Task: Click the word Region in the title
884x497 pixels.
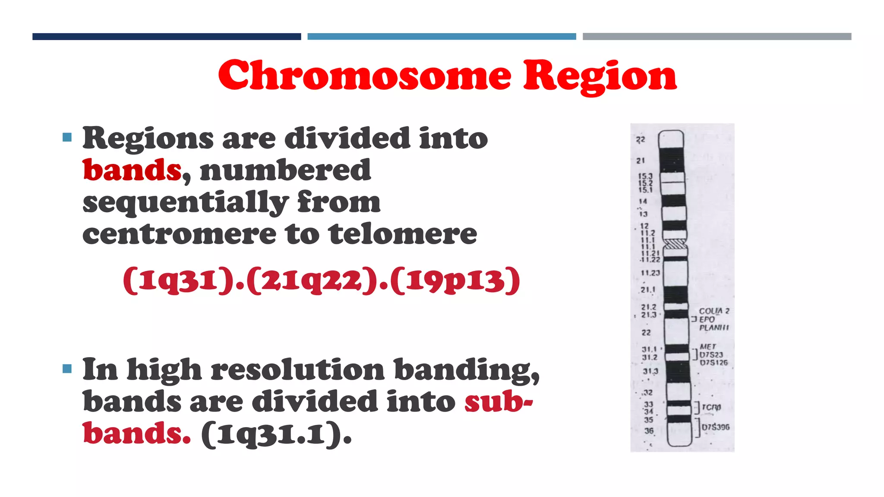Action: pos(600,76)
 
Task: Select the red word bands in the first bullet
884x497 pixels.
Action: pos(132,170)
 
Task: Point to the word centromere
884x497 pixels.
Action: pos(179,234)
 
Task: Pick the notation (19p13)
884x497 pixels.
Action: pos(455,281)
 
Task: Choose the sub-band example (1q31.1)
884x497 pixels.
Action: pos(277,434)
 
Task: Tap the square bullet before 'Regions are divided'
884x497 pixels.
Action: pos(67,138)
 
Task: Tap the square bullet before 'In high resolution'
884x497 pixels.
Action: pos(67,369)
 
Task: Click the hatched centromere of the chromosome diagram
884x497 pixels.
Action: pos(675,245)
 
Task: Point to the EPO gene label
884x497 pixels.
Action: pos(707,319)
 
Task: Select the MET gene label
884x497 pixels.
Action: pos(708,346)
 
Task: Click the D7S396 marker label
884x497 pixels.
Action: pos(715,427)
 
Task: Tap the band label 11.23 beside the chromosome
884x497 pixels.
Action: pos(650,273)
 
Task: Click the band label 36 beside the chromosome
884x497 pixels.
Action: pos(649,431)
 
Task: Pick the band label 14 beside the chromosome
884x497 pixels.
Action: pos(643,201)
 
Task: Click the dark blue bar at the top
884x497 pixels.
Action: pos(167,37)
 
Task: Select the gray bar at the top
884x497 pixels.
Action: pos(717,37)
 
